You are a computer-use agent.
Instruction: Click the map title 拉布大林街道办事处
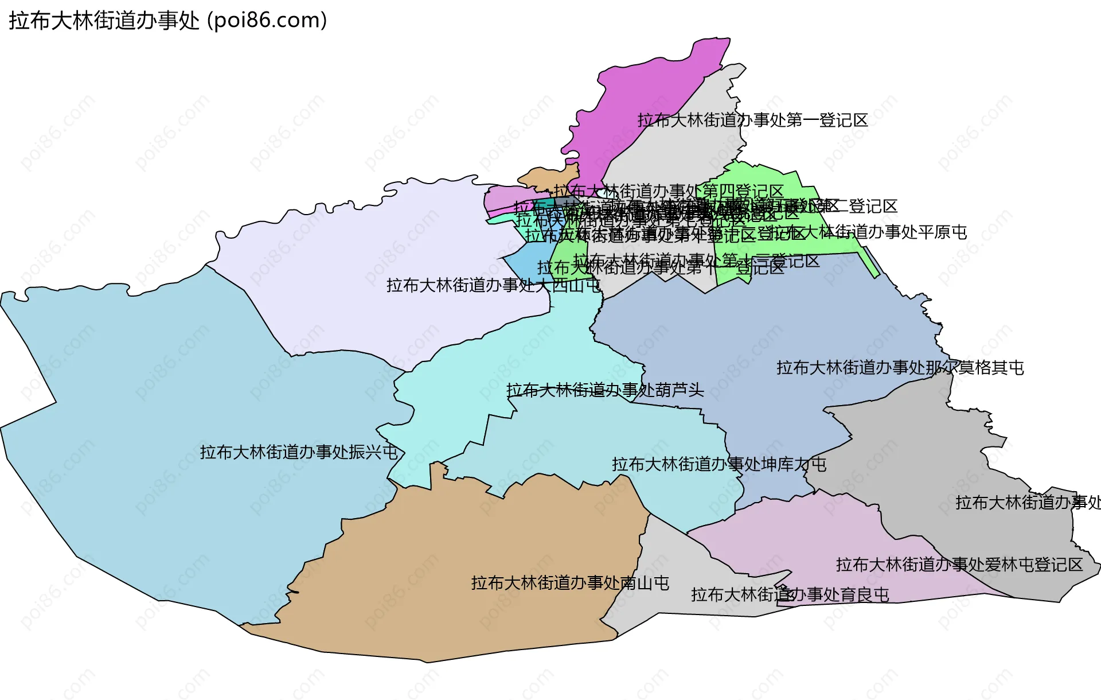pyautogui.click(x=104, y=21)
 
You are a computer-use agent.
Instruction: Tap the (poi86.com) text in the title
pyautogui.click(x=267, y=21)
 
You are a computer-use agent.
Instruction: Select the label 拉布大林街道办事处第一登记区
pyautogui.click(x=752, y=120)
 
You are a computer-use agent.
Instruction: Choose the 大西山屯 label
pyautogui.click(x=493, y=285)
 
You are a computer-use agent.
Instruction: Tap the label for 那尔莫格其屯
pyautogui.click(x=900, y=368)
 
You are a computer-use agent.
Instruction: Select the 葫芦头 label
pyautogui.click(x=605, y=390)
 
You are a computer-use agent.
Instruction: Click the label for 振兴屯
pyautogui.click(x=299, y=452)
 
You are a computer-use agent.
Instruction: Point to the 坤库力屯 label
pyautogui.click(x=719, y=464)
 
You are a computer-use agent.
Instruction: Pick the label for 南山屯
pyautogui.click(x=570, y=583)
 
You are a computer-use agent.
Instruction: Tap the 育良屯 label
pyautogui.click(x=790, y=594)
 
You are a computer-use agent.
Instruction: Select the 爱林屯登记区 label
pyautogui.click(x=959, y=565)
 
